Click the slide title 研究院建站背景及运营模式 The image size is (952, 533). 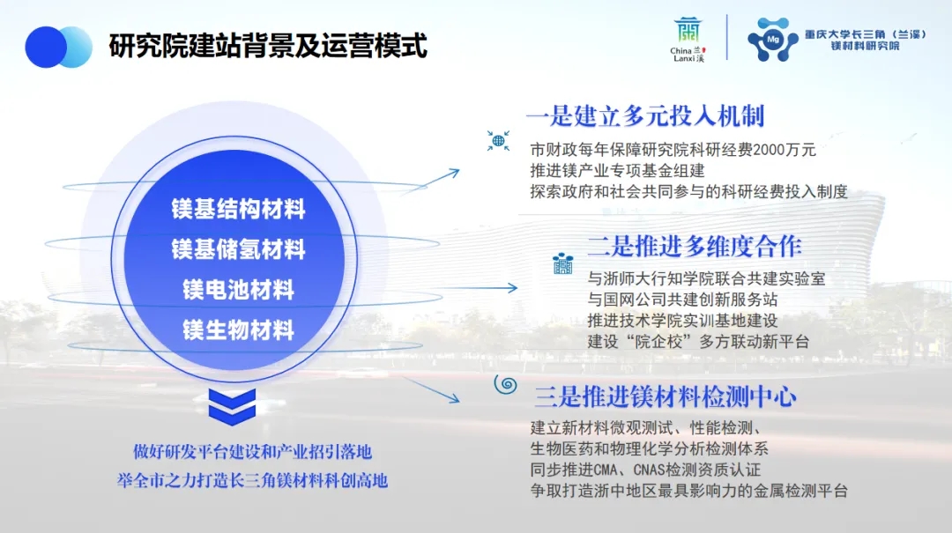[268, 46]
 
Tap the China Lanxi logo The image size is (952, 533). [688, 40]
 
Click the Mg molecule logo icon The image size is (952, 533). [772, 40]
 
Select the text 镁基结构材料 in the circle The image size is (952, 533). [238, 209]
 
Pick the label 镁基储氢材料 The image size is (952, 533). [238, 249]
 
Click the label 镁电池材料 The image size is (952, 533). [238, 290]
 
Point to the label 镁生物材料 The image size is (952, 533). [238, 330]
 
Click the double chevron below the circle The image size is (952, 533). [232, 406]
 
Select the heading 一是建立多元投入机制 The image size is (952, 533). [644, 115]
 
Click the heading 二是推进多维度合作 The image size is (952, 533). [695, 246]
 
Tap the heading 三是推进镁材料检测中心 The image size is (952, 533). [666, 396]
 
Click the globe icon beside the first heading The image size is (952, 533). [498, 141]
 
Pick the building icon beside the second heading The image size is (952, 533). [562, 263]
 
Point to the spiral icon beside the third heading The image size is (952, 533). [506, 384]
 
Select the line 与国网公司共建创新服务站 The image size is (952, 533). [682, 300]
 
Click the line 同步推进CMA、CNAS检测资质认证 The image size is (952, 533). [645, 470]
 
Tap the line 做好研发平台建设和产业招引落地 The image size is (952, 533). [253, 452]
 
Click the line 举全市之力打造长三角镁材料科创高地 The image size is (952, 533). [253, 480]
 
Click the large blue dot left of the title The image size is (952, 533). [45, 47]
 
